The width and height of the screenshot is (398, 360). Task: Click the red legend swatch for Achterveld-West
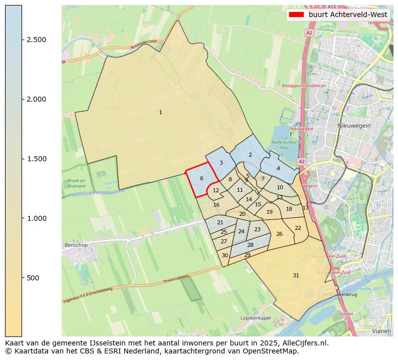[296, 15]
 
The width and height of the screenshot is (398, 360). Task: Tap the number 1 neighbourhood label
[160, 112]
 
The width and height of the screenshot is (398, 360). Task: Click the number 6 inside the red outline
[202, 178]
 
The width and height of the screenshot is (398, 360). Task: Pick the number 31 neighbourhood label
[296, 275]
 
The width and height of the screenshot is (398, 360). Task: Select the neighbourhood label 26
[279, 234]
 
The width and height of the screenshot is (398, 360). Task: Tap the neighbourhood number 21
[220, 222]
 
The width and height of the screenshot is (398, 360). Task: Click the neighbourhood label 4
[278, 168]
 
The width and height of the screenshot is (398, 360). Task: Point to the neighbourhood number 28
[250, 245]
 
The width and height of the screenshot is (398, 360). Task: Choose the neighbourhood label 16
[216, 205]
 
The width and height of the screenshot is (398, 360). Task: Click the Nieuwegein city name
[354, 126]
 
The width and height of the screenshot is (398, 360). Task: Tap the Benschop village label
[76, 245]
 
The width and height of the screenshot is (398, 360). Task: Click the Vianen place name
[381, 331]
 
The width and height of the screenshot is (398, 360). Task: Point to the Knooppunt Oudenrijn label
[304, 86]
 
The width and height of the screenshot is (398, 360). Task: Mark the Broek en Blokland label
[76, 183]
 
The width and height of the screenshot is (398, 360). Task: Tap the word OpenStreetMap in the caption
[274, 350]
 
